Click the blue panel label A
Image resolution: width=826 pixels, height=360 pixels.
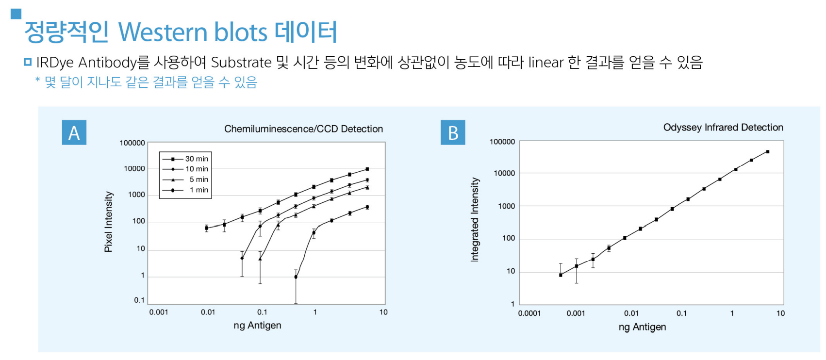pos(74,132)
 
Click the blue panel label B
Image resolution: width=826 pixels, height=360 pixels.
pos(453,132)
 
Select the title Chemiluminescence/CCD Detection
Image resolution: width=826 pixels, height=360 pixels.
pos(303,129)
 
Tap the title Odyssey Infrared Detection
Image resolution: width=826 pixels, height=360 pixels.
pos(723,128)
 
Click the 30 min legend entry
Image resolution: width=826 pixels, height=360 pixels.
pos(185,159)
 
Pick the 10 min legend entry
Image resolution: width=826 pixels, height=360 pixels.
pos(185,169)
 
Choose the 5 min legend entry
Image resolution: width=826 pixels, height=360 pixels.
pos(185,180)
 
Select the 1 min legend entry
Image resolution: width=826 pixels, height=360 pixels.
pos(185,190)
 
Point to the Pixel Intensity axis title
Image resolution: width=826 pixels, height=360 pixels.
pos(108,222)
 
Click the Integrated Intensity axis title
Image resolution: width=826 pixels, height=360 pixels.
pos(475,220)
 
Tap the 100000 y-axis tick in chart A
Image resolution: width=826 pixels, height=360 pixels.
pos(132,143)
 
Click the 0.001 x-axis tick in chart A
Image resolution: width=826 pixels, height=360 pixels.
pos(159,312)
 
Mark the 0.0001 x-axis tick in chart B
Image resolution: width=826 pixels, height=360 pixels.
pos(529,313)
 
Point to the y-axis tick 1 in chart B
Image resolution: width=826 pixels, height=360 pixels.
pos(512,304)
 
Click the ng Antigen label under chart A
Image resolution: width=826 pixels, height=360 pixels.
pos(257,326)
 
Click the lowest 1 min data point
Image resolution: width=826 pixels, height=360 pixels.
pos(296,277)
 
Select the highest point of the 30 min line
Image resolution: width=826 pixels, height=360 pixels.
pos(367,169)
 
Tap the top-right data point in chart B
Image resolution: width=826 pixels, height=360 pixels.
pos(768,152)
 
